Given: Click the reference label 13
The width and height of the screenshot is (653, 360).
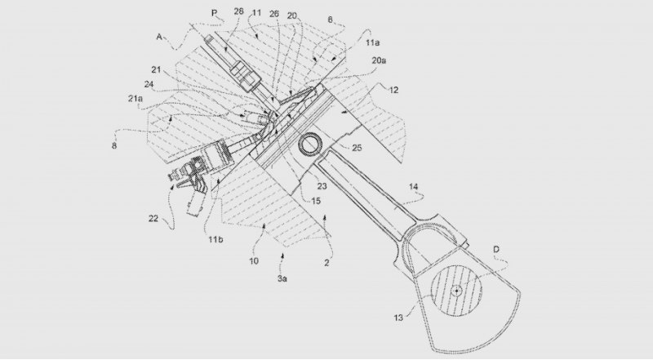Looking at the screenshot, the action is [x=398, y=318].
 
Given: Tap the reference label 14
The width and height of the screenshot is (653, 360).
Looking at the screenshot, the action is [x=414, y=187].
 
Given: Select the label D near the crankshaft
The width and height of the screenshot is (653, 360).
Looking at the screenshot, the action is [x=496, y=250].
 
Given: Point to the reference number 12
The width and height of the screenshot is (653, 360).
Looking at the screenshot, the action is [x=393, y=90].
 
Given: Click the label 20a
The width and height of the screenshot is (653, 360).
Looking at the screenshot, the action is [x=379, y=60].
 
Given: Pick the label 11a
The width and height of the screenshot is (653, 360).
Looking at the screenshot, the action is [x=373, y=42].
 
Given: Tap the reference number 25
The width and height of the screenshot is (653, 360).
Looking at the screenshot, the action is [x=357, y=148].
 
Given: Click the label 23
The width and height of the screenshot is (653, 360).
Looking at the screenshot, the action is [x=322, y=187].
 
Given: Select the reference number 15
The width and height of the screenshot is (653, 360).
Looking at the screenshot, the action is [x=316, y=201].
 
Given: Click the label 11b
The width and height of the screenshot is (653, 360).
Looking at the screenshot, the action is [x=215, y=239].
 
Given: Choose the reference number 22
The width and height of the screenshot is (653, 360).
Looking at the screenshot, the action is [x=153, y=218].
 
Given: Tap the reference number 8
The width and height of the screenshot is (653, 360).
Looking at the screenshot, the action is [x=114, y=146].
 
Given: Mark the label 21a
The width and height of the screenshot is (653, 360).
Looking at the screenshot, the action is [x=135, y=98].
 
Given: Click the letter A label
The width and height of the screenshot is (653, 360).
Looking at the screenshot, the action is [x=159, y=37].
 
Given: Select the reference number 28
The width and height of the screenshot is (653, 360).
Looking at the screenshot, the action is [x=238, y=11].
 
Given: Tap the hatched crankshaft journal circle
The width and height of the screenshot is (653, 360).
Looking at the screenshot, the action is [x=456, y=291].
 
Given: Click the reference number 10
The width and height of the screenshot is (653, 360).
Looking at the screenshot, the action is [x=254, y=261].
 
